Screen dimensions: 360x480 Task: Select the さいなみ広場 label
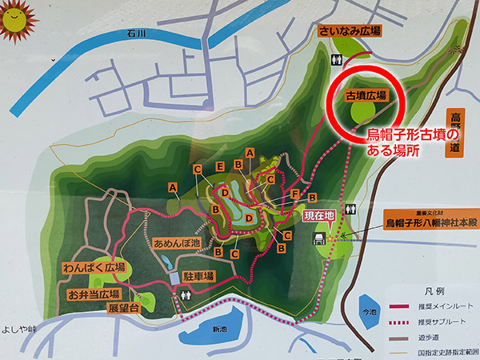tap(350, 31)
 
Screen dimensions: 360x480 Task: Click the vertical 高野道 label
tap(457, 132)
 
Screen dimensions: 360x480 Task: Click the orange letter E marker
tap(219, 166)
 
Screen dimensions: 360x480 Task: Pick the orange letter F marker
tap(295, 193)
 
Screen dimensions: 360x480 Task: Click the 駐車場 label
tap(198, 276)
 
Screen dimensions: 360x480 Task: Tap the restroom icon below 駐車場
tap(186, 294)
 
